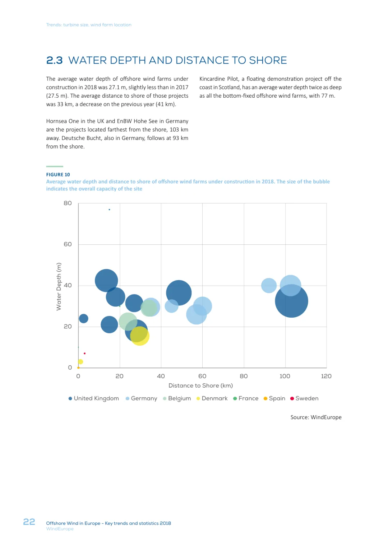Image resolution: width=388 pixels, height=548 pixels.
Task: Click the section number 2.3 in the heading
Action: [54, 60]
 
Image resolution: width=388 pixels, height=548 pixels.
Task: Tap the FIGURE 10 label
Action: [58, 175]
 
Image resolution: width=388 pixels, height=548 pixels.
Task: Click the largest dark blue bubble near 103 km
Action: [291, 301]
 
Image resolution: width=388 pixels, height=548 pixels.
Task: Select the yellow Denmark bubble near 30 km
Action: [140, 336]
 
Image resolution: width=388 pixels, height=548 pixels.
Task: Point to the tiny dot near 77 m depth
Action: [109, 210]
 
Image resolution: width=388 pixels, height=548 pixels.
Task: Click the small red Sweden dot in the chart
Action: [84, 353]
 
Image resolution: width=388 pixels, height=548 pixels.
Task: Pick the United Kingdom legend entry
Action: [94, 398]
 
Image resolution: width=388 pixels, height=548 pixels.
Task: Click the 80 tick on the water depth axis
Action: [68, 203]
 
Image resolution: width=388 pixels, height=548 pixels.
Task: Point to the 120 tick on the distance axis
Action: [326, 376]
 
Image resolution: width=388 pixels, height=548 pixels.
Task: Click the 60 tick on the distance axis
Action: [202, 376]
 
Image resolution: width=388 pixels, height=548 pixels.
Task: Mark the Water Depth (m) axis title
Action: [59, 286]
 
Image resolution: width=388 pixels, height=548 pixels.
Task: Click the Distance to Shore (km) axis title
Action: [200, 385]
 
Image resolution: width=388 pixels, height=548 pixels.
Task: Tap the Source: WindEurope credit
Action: [316, 417]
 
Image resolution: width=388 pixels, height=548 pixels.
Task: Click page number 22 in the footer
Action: [29, 522]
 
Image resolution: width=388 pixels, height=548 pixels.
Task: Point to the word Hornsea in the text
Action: [56, 121]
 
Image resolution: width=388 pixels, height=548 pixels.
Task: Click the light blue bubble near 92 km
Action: [269, 285]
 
